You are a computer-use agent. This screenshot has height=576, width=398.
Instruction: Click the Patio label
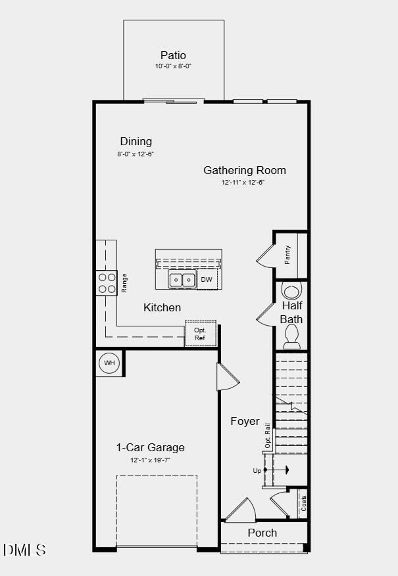coord(173,55)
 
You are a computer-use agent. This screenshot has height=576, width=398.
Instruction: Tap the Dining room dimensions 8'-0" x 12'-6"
coord(136,154)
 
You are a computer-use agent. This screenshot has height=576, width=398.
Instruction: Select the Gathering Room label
coord(244,170)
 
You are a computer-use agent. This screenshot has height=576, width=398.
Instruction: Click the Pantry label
coord(287,255)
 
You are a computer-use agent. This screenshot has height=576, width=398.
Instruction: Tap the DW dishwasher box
coord(207,279)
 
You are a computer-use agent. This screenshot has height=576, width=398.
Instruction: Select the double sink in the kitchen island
coord(182,280)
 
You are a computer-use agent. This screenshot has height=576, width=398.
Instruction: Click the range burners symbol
coord(107,283)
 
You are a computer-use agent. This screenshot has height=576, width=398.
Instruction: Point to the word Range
coord(124,283)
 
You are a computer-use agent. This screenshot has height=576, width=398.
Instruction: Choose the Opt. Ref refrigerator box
coord(200,334)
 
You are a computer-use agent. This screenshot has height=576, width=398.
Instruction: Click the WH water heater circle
coord(109,363)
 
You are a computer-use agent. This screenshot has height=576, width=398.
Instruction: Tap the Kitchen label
coord(162,307)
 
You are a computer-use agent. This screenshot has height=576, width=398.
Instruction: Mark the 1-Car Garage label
coord(151,447)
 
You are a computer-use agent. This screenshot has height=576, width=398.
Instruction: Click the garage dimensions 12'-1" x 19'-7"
coord(151,460)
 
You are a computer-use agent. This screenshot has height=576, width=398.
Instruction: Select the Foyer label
coord(245,421)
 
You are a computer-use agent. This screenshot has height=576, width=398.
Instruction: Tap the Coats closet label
coord(303,503)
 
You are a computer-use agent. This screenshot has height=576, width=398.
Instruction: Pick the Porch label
coord(262,533)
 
